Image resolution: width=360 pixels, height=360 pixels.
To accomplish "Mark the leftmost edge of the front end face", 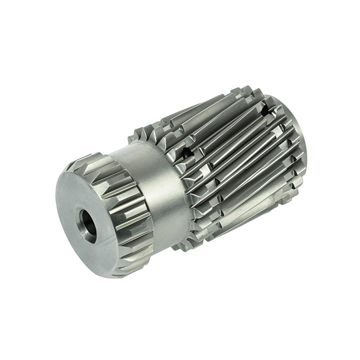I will [57, 198].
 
